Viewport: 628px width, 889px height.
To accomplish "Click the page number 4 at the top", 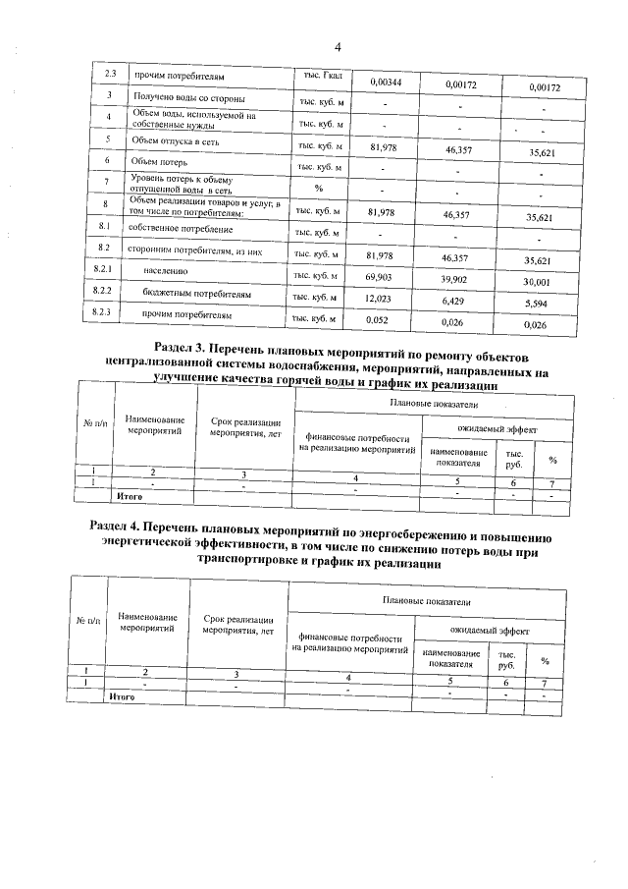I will click(337, 46).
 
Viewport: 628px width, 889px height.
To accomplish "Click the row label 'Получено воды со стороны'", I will click(189, 100).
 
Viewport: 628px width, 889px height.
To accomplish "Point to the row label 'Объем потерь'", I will click(158, 160).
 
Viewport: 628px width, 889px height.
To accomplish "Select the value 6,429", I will click(451, 303).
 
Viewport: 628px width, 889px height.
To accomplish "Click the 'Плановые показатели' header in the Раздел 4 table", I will click(425, 600).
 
